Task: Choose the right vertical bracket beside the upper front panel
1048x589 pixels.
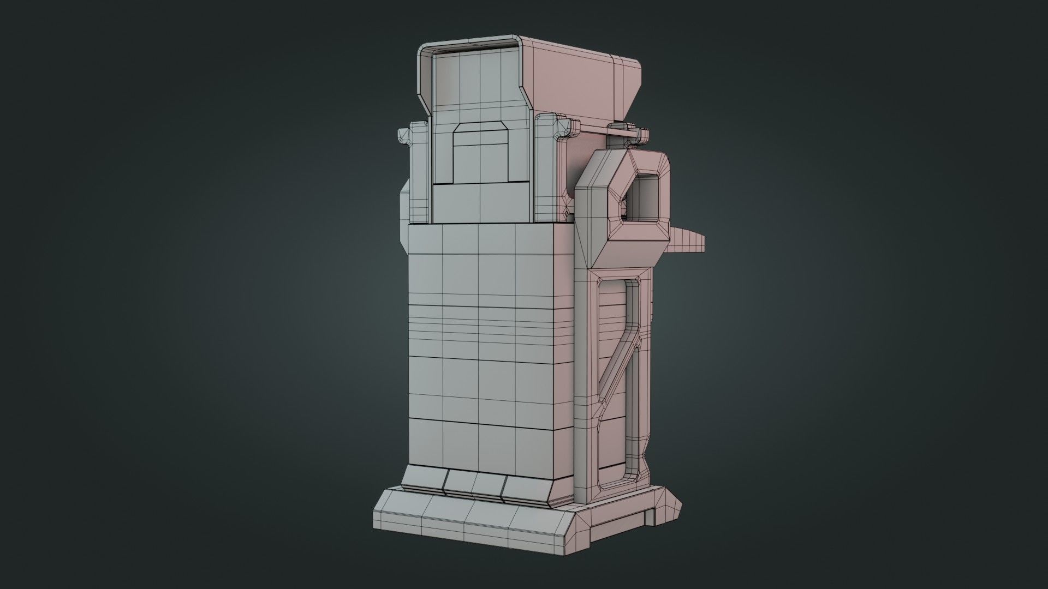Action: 546,175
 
